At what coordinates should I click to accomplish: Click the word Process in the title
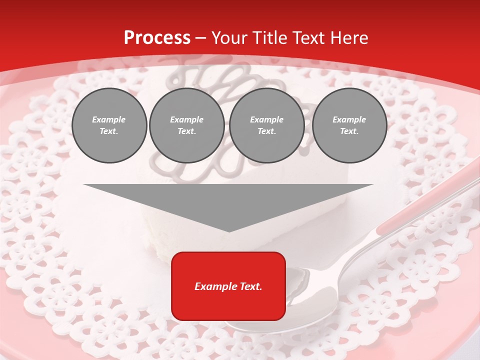coord(157,38)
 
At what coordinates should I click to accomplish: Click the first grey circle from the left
coord(109,125)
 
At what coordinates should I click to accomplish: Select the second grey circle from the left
coord(186,125)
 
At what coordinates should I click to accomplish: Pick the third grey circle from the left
coord(266,125)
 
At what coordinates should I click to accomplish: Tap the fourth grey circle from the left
coord(349,125)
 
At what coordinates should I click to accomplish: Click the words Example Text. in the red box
coord(228,286)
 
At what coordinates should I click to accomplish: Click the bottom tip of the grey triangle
coord(228,230)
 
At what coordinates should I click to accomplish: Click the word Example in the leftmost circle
coord(109,119)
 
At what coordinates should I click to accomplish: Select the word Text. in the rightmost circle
coord(349,131)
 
